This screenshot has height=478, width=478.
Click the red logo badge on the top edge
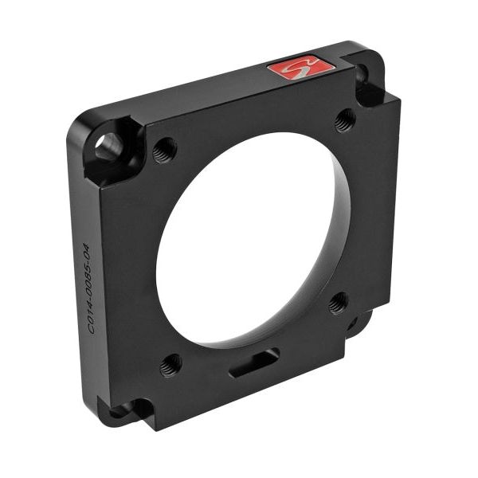tap(300, 67)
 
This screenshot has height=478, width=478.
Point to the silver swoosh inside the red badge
tap(300, 68)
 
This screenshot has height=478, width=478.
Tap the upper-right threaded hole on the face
tap(344, 119)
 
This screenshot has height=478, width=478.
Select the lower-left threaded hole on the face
tap(170, 366)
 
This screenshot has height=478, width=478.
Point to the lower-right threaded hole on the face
tap(338, 302)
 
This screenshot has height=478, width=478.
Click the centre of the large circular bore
tap(247, 239)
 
